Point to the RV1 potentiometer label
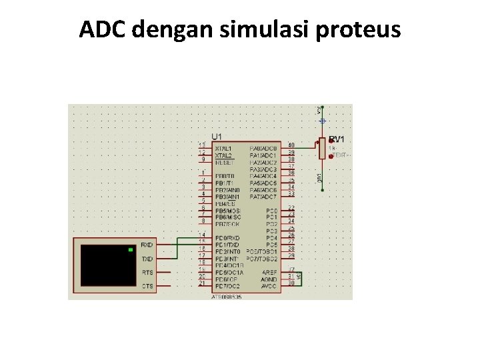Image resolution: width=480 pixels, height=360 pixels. coord(337,139)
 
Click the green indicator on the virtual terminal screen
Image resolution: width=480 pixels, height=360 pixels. coord(130,250)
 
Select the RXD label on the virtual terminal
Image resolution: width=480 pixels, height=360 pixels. coord(147,245)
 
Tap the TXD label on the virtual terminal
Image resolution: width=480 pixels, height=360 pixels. coord(147,259)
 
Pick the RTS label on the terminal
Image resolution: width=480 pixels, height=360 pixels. coord(147,272)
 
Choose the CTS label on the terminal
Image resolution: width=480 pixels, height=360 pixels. coord(147,286)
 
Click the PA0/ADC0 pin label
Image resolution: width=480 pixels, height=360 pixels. coord(263,148)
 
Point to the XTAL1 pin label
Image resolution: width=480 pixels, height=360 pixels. coord(223,148)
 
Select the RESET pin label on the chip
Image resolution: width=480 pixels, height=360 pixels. coord(223,162)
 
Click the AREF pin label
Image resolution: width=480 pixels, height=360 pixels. coord(269,273)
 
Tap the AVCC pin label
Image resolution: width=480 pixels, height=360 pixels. coord(269,287)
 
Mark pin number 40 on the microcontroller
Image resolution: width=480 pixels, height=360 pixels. coord(291,145)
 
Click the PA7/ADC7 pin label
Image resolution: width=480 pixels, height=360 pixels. coord(263,197)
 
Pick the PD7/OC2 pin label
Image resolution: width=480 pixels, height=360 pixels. coord(229,287)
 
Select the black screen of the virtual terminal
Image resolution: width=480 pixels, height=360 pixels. coord(107,265)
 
